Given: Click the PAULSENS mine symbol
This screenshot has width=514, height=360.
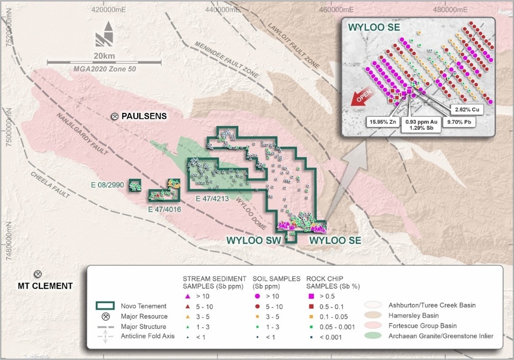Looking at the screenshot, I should click(x=115, y=116).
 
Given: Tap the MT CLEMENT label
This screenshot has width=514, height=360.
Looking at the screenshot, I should click(x=45, y=286).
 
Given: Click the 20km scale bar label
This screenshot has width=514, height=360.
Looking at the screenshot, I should click(x=104, y=56).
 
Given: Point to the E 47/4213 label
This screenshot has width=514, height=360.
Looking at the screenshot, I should click(x=212, y=199).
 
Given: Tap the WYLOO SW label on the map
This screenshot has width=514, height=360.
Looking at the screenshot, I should click(x=252, y=240).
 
